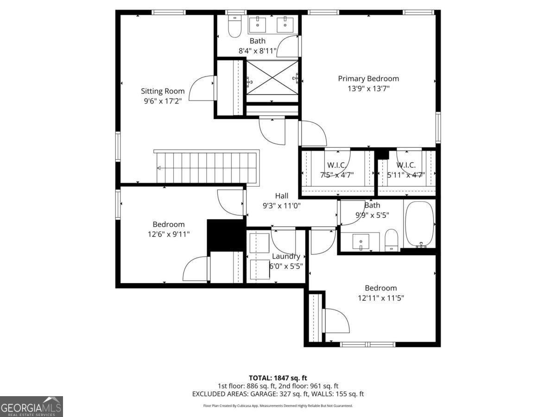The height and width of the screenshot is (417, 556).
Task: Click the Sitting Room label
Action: [x=163, y=91]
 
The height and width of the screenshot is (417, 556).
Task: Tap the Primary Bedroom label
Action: [x=368, y=79]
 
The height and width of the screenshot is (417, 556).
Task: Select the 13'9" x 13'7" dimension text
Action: [x=368, y=88]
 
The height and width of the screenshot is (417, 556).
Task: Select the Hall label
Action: [x=282, y=196]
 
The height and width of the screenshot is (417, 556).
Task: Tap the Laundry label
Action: [x=286, y=256]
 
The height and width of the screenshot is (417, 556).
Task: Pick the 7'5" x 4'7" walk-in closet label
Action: [x=337, y=165]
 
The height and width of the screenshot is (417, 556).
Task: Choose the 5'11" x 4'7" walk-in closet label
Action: [x=406, y=165]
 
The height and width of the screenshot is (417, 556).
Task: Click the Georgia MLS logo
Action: [x=31, y=406]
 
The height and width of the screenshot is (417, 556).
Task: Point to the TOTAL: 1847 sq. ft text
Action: [x=278, y=378]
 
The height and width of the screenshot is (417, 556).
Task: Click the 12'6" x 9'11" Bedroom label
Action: [x=169, y=224]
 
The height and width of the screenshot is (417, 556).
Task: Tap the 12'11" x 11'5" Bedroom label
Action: [x=380, y=288]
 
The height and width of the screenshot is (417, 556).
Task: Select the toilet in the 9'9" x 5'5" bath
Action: [x=392, y=239]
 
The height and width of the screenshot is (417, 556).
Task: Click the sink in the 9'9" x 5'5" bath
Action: [x=361, y=241]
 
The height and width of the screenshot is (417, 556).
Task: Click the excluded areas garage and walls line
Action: [x=278, y=394]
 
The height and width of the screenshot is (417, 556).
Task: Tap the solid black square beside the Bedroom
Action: [x=225, y=235]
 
